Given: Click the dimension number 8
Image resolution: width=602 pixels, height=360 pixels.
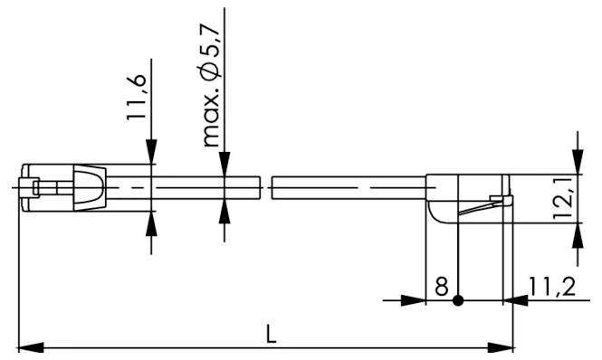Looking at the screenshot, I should (441, 288).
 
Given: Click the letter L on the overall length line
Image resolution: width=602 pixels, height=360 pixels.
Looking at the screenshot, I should (271, 333).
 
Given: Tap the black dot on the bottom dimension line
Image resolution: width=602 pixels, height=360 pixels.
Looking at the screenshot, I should (459, 299).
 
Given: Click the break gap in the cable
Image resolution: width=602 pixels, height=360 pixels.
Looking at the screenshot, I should (266, 187).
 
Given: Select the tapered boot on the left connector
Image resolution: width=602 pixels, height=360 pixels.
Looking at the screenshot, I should (89, 187).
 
